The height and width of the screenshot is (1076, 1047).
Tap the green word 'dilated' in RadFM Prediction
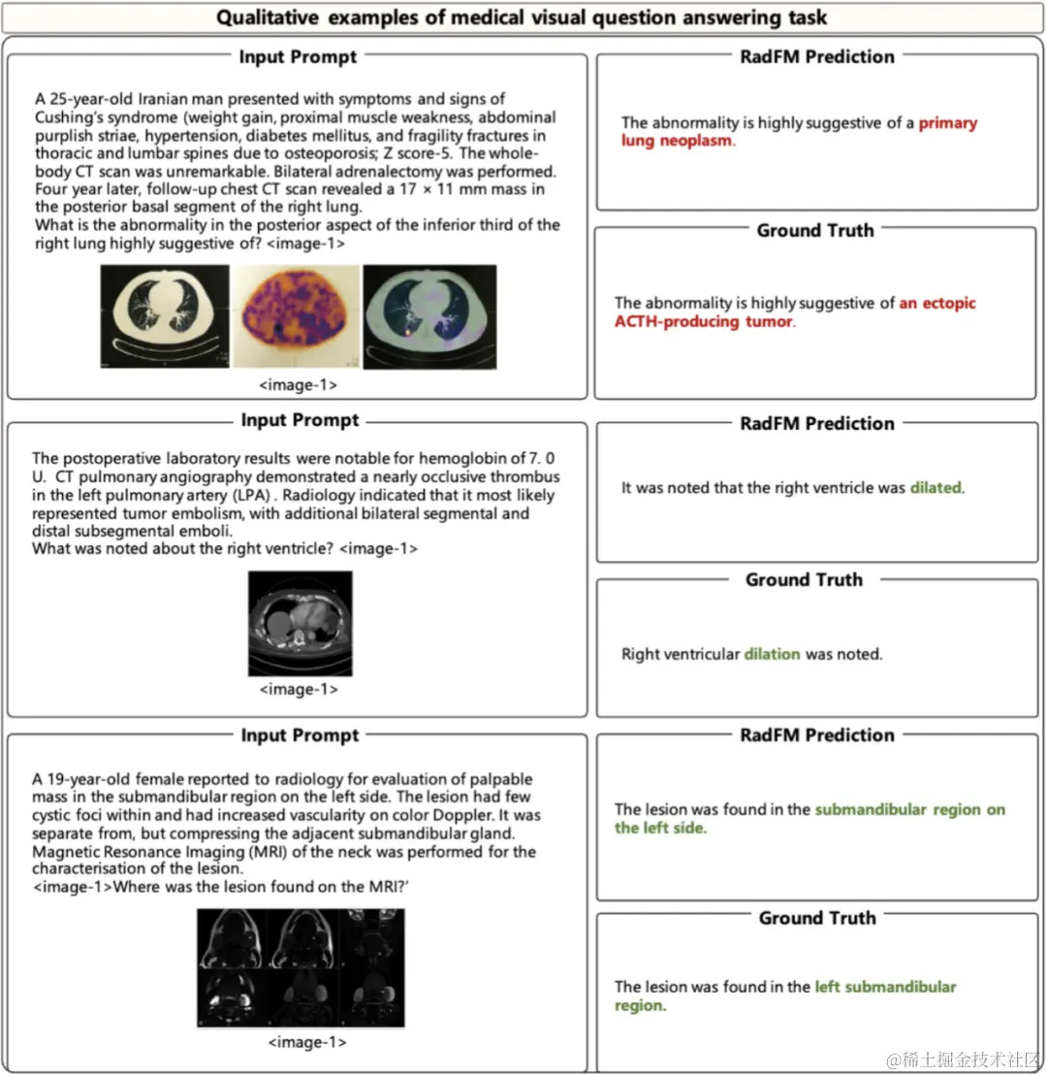pos(936,488)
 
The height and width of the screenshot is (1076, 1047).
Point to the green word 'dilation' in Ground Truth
pos(772,654)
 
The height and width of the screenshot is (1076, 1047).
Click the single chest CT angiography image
pos(300,623)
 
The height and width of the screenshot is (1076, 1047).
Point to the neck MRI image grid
pos(300,967)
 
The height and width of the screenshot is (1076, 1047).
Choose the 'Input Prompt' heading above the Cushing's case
pos(298,57)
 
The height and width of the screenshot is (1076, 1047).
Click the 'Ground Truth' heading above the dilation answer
pos(804,579)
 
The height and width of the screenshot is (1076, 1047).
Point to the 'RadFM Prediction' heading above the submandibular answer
pos(816,734)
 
